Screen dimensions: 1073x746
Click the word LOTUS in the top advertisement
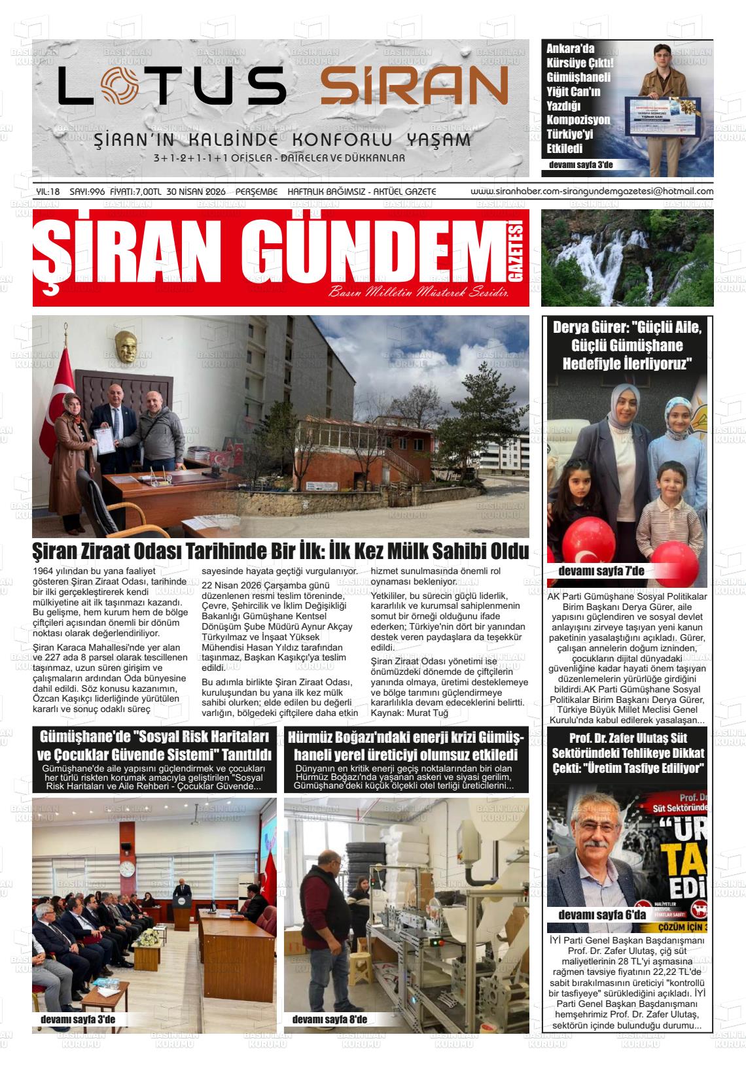point(172,86)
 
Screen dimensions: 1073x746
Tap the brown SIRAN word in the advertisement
point(414,86)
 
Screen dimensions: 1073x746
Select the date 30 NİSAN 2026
point(196,192)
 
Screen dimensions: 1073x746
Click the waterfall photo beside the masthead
point(627,258)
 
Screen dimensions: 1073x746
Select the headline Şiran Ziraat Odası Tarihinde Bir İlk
point(281,551)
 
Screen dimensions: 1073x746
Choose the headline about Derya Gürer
point(627,345)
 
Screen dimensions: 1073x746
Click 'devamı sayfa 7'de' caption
point(601,571)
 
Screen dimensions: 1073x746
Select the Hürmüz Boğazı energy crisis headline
point(406,745)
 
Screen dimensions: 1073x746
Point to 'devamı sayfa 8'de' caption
point(329,1019)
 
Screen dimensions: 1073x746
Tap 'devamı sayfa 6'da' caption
point(601,914)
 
